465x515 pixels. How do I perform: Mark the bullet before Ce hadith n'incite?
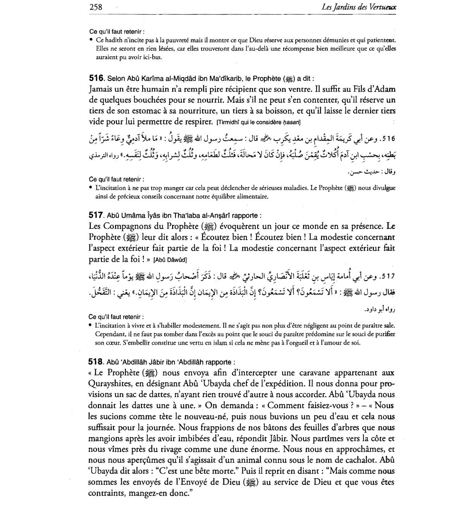click(x=91, y=40)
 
